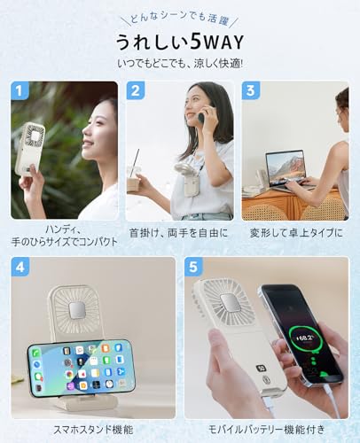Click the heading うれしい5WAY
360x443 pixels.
coord(179,42)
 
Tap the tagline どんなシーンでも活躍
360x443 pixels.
coord(179,17)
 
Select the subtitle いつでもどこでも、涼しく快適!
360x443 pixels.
coord(179,64)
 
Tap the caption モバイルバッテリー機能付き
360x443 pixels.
coord(266,428)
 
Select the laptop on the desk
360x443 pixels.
coord(285,170)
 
